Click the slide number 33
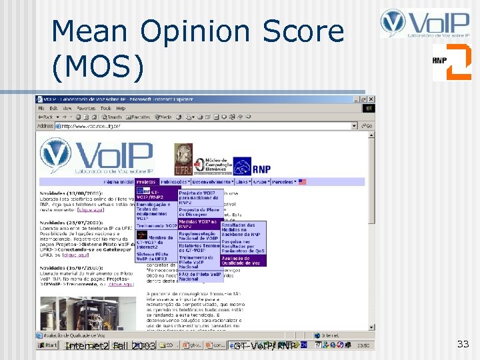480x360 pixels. click(x=463, y=344)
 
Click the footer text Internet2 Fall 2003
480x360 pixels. click(x=110, y=347)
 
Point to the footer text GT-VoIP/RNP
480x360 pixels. click(x=265, y=347)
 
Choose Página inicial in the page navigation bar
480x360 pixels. click(x=119, y=181)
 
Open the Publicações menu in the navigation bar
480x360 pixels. click(x=174, y=181)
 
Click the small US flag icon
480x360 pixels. click(x=302, y=181)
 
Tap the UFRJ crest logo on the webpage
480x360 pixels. click(x=183, y=160)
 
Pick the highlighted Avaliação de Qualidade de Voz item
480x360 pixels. click(x=243, y=261)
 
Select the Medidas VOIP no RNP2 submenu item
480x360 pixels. click(x=198, y=224)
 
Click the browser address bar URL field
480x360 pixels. click(x=200, y=125)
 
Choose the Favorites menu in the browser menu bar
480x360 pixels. click(x=86, y=108)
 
